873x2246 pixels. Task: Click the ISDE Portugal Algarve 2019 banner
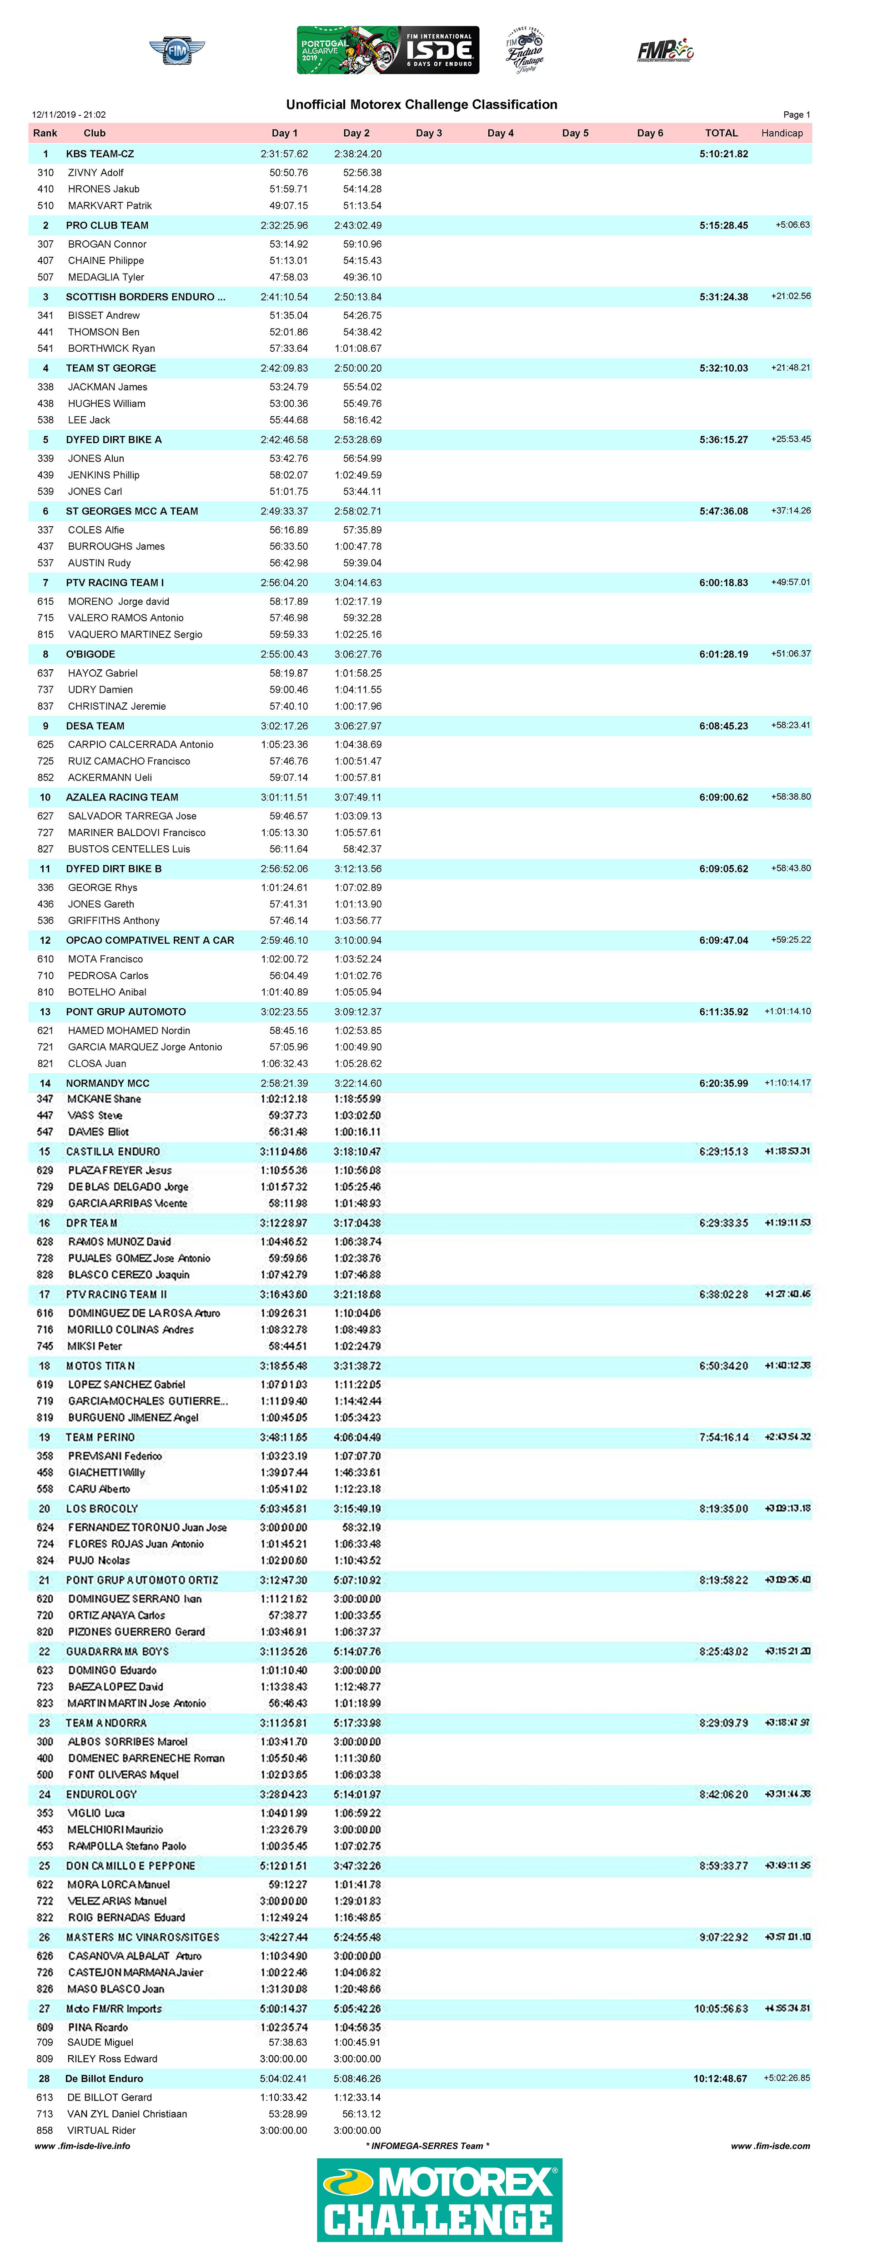tap(387, 50)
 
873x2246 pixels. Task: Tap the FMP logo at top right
tap(665, 50)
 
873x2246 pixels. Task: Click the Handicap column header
tap(782, 134)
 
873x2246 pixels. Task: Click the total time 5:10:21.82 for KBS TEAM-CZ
tap(723, 154)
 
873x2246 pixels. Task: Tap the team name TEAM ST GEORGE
tap(111, 368)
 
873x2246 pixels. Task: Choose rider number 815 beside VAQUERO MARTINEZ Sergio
tap(45, 635)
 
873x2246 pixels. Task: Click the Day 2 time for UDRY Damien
tap(357, 690)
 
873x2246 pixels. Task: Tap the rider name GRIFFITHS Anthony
tap(113, 921)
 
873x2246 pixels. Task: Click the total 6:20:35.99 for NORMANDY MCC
tap(723, 1084)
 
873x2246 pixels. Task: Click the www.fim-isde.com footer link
tap(770, 2146)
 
